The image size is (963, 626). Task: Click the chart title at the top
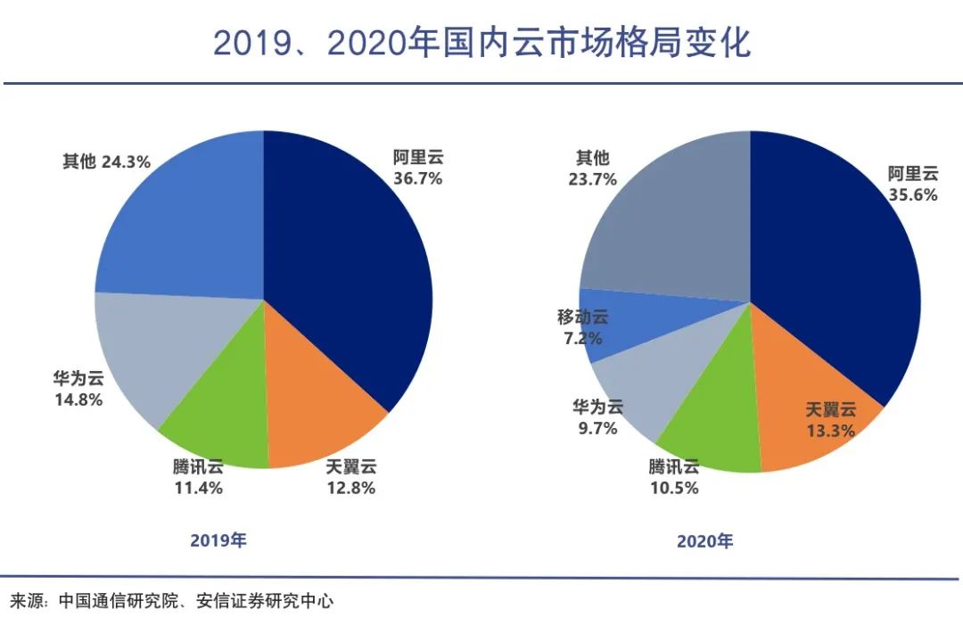coord(481,43)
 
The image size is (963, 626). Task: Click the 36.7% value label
coord(417,178)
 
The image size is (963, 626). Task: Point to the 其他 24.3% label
coord(106,161)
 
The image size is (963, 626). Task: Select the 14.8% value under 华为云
coord(78,399)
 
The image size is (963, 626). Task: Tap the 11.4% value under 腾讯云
coord(198,489)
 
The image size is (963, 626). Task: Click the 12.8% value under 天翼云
coord(350,489)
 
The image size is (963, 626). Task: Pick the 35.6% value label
coord(913,195)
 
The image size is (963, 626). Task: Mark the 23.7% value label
coord(593,179)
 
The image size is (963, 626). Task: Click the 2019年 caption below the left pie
coord(218,540)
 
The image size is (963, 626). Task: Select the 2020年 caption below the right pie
coord(705,541)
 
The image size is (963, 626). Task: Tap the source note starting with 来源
coord(171,600)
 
